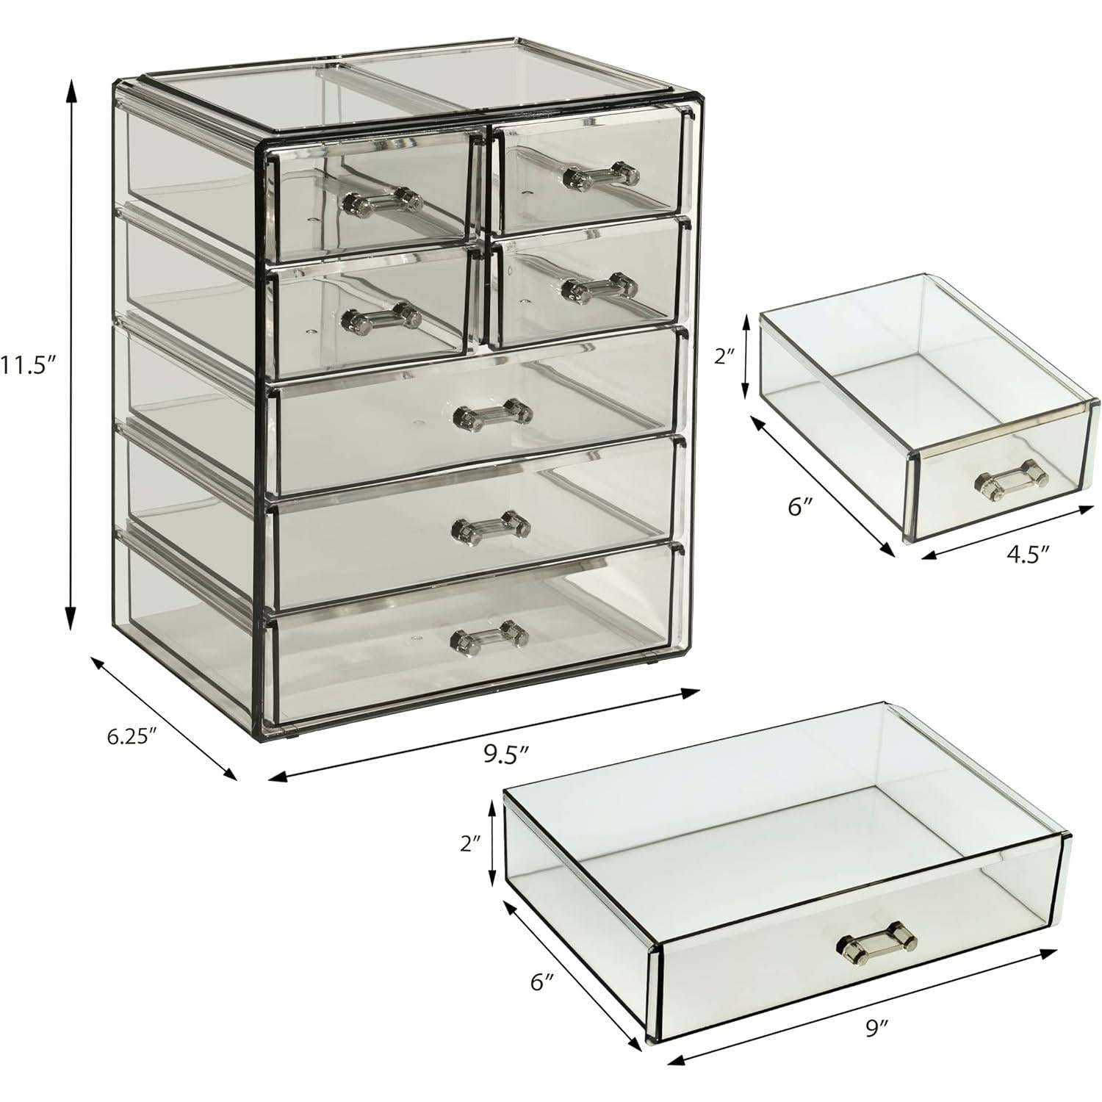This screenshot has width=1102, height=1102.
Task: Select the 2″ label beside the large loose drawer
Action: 470,844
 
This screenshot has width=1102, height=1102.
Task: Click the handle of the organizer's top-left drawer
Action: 383,199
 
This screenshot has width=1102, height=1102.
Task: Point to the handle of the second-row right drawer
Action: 599,288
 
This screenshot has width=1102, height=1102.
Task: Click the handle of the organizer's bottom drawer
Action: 489,636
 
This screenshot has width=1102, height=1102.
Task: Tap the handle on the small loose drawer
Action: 1011,478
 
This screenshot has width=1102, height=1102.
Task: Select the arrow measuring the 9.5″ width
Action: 483,733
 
